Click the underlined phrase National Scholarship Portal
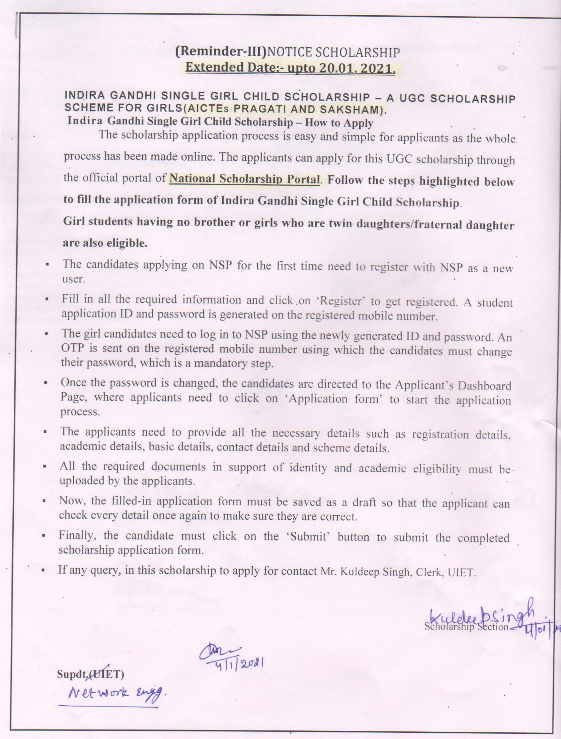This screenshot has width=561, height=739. [x=245, y=179]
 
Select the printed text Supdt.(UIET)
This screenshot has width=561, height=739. [x=90, y=674]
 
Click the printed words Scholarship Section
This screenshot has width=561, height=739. [x=466, y=627]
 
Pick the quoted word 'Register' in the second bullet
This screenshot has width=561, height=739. [x=341, y=301]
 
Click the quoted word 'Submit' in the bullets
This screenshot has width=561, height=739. [x=308, y=537]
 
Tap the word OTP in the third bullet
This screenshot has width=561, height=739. [x=72, y=349]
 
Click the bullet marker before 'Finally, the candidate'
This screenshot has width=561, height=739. [x=43, y=535]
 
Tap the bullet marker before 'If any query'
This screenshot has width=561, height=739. [x=43, y=570]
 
